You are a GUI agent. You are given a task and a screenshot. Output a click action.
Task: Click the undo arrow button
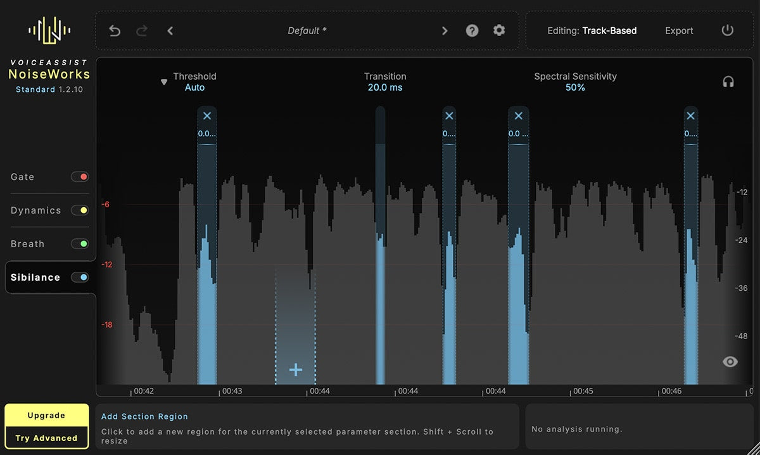click(115, 30)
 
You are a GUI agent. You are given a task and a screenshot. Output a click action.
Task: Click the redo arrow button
click(142, 30)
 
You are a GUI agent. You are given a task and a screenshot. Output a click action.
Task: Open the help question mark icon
click(472, 30)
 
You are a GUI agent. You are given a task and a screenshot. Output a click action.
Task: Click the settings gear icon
click(499, 30)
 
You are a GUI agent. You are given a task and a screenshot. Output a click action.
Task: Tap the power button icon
click(728, 30)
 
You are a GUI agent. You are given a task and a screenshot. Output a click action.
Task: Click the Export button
click(679, 31)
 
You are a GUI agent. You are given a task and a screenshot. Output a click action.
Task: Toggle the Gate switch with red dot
click(80, 177)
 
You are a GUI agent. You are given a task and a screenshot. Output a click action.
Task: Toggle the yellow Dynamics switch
click(80, 210)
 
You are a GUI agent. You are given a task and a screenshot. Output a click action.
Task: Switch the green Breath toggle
click(80, 244)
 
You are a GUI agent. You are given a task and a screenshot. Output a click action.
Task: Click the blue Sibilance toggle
click(80, 277)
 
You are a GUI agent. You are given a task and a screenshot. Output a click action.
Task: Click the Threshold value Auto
click(195, 87)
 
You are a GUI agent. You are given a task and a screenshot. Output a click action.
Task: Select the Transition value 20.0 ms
click(385, 87)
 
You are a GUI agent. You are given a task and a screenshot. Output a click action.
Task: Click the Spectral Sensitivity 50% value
click(575, 87)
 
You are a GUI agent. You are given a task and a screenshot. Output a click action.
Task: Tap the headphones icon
click(728, 82)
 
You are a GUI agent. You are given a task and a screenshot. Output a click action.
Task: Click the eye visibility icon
click(730, 362)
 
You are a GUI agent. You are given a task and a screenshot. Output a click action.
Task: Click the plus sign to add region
click(296, 370)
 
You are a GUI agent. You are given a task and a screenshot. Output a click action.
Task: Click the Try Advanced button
click(46, 438)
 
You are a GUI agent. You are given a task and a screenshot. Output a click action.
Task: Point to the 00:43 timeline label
click(232, 391)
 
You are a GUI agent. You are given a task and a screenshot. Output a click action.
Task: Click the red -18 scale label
click(107, 325)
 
